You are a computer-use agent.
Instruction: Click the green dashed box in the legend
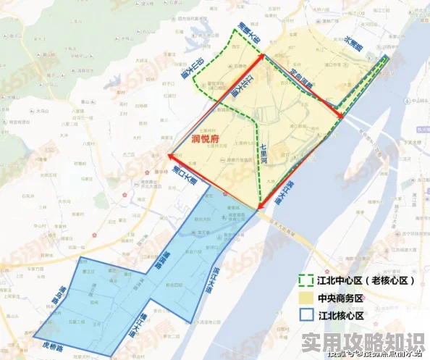pyautogui.click(x=305, y=280)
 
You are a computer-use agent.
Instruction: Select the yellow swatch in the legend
pyautogui.click(x=305, y=297)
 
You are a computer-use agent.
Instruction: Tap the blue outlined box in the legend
pyautogui.click(x=305, y=314)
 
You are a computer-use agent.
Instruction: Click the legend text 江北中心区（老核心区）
pyautogui.click(x=359, y=280)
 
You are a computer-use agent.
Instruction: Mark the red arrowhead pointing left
pyautogui.click(x=172, y=154)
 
